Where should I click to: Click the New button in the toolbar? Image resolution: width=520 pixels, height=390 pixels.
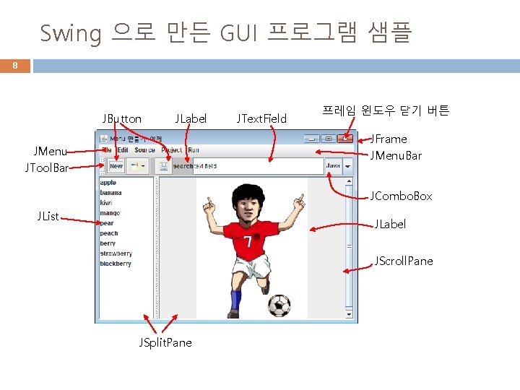pos(116,166)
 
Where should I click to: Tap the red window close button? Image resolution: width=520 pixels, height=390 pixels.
pos(346,139)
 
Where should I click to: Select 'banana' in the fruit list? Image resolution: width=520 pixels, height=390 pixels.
pos(110,193)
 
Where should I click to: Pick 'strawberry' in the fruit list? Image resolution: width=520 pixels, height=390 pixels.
pos(116,253)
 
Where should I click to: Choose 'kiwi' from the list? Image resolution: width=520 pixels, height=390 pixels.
pos(107,203)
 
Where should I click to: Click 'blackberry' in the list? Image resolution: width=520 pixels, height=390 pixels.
pos(116,264)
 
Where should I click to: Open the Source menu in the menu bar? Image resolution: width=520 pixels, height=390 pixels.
pos(144,150)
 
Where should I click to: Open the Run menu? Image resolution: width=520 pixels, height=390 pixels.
pos(194,150)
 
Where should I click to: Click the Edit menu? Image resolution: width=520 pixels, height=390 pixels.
pos(123,150)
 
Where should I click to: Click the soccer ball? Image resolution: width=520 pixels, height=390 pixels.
pos(279,305)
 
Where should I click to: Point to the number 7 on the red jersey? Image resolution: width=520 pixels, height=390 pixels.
pos(248,240)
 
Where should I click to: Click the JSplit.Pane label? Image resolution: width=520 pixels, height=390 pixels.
pos(165,342)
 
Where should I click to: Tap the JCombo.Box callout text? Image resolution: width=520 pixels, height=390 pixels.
pos(401,196)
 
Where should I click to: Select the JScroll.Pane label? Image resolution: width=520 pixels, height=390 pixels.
pos(403,261)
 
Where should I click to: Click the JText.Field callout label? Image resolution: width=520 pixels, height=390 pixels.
pos(261,118)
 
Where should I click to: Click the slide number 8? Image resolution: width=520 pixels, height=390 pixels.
pos(14,66)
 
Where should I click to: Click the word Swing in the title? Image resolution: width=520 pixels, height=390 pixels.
pos(71,33)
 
